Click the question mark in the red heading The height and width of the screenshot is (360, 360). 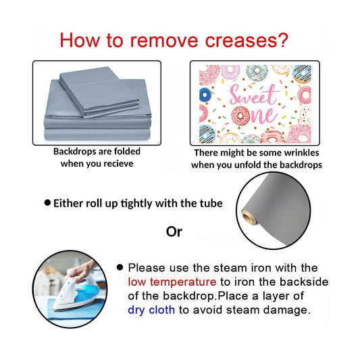point(282,40)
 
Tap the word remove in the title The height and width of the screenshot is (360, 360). point(164,41)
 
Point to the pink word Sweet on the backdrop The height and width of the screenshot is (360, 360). point(254,95)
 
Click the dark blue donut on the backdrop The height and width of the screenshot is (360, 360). point(205,95)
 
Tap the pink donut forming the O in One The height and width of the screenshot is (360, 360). point(240,116)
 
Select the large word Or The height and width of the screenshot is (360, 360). point(174,232)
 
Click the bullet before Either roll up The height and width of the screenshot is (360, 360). point(47,203)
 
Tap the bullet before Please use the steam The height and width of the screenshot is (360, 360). point(120,267)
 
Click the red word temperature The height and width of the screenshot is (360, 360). point(183,282)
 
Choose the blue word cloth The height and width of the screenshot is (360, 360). point(162,310)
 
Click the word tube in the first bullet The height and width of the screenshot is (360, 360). point(211,203)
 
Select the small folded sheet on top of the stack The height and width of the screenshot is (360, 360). point(99,92)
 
